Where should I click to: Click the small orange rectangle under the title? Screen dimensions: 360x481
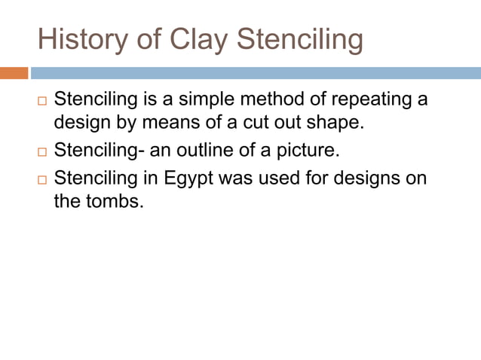point(14,73)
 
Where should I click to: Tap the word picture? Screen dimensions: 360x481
point(308,150)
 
